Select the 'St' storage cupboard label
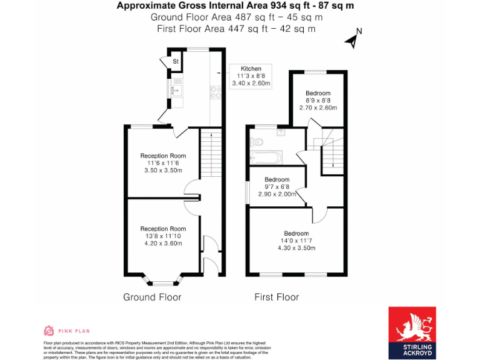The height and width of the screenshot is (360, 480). click(176, 61)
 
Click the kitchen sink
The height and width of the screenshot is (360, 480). click(176, 91)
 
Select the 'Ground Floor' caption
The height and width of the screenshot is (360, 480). click(152, 297)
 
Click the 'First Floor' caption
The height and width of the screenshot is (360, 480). click(276, 297)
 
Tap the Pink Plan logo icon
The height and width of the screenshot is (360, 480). click(49, 331)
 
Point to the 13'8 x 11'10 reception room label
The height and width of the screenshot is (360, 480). click(163, 236)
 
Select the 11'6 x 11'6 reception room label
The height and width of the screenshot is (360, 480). click(163, 163)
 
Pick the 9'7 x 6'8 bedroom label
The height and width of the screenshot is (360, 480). click(277, 187)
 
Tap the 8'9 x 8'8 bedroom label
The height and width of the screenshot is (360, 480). click(318, 101)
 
